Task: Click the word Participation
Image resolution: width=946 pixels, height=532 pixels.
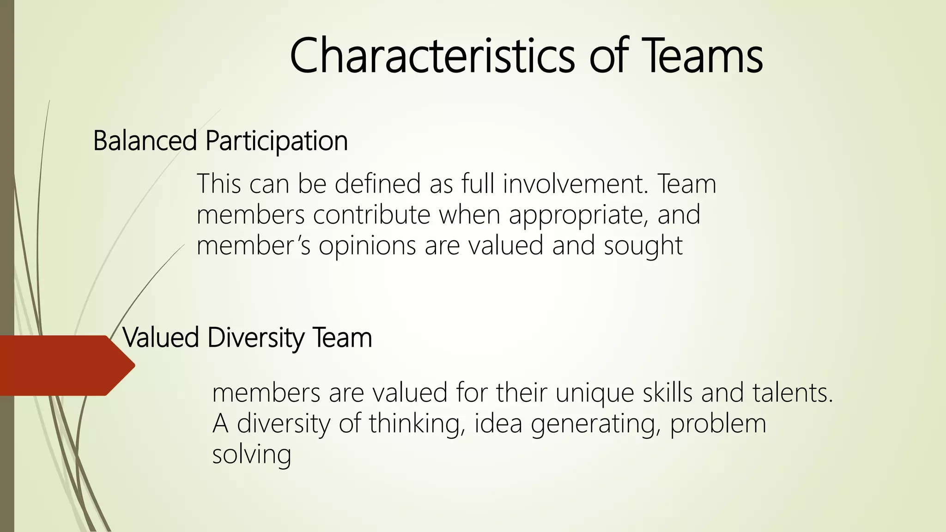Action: pyautogui.click(x=277, y=141)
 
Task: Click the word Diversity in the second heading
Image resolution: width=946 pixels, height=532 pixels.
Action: pyautogui.click(x=255, y=338)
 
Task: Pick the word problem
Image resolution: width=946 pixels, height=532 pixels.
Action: pyautogui.click(x=718, y=424)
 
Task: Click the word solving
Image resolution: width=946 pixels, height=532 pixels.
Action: pyautogui.click(x=252, y=455)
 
